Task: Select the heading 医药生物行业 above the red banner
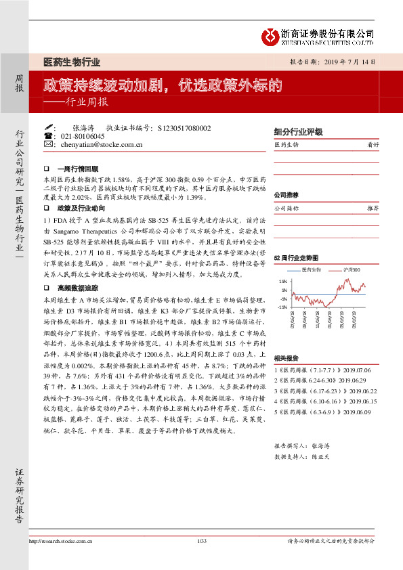[x=72, y=62]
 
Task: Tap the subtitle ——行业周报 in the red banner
[x=75, y=103]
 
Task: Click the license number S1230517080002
[x=184, y=127]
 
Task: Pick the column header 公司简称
[x=287, y=209]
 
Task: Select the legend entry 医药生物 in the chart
[x=311, y=269]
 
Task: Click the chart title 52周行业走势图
[x=295, y=258]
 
